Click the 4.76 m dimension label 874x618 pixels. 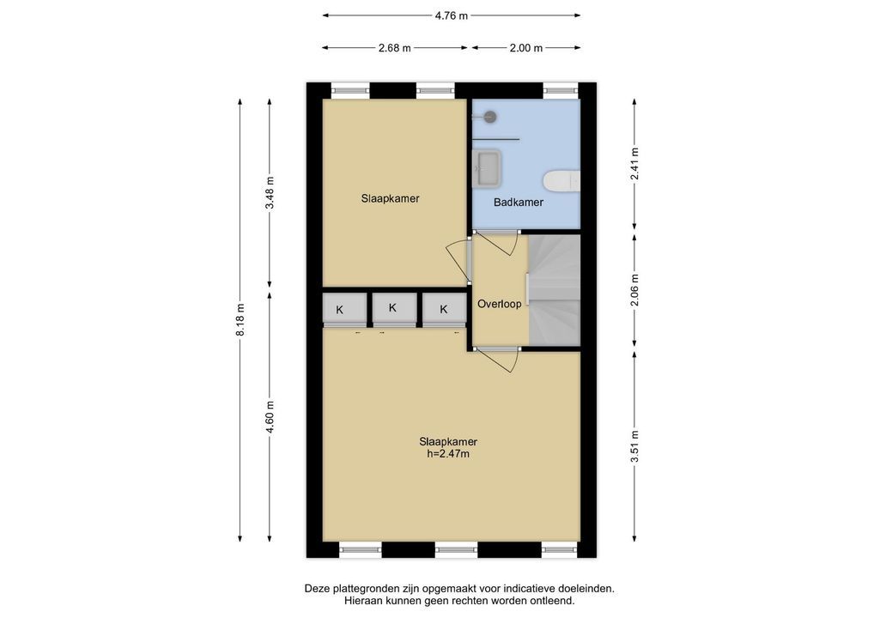(x=451, y=15)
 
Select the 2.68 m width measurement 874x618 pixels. (x=395, y=48)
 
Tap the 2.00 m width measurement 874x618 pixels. (x=525, y=48)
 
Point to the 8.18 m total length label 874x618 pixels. (x=240, y=320)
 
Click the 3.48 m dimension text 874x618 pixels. (x=270, y=192)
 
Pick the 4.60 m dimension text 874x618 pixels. (x=270, y=417)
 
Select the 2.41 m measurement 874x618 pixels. (x=634, y=164)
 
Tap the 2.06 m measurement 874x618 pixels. (x=634, y=290)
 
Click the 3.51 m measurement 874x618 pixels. (x=634, y=445)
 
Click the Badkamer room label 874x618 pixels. (x=519, y=203)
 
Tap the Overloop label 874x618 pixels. (x=500, y=304)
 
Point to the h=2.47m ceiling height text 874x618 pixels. (x=448, y=453)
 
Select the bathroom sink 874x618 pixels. (x=487, y=167)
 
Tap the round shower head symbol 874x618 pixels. (x=490, y=117)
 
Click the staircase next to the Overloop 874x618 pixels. (x=554, y=290)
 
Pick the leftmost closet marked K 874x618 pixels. (x=344, y=308)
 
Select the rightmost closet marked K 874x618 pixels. (x=444, y=308)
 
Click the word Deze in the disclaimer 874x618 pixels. (x=315, y=588)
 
